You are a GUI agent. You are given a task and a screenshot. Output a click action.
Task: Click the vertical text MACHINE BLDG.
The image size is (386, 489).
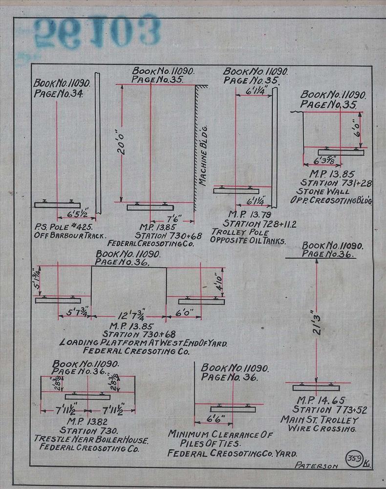[x=204, y=156]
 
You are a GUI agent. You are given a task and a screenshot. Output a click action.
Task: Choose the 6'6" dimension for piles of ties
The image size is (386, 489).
[x=214, y=419]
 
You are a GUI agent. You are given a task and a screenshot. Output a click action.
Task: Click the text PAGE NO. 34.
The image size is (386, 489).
[x=62, y=93]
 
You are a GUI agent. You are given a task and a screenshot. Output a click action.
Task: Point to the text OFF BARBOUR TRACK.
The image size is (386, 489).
[x=70, y=236]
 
